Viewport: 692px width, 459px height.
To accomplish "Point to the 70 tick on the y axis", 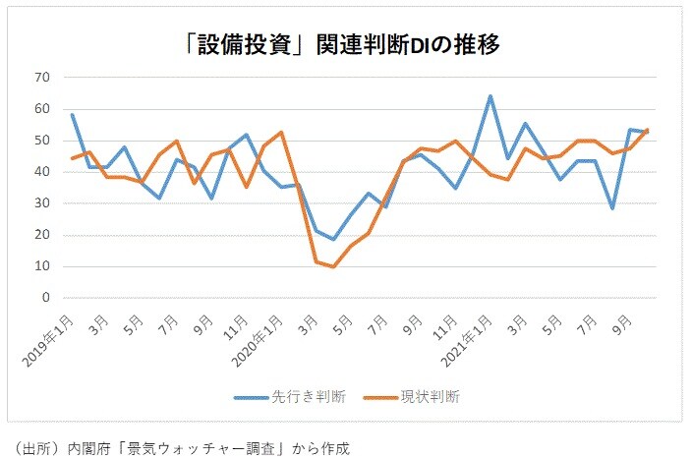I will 42,77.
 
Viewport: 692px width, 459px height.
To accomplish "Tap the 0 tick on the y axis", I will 45,298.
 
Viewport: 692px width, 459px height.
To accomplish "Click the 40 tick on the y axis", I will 42,171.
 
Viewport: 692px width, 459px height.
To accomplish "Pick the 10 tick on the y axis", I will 42,266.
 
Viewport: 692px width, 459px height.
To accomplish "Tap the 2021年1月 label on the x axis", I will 470,333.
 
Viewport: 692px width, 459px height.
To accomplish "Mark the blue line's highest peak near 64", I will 490,96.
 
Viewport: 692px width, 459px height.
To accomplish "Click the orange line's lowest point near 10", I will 333,266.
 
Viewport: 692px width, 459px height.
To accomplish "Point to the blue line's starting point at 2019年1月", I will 72,114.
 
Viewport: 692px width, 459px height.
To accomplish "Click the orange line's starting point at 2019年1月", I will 72,158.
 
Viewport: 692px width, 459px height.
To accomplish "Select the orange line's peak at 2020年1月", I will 281,132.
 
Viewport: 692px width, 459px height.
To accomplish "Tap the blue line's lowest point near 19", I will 333,239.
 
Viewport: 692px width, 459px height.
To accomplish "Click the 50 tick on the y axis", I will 42,140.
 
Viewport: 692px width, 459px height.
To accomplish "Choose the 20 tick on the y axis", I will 42,235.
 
